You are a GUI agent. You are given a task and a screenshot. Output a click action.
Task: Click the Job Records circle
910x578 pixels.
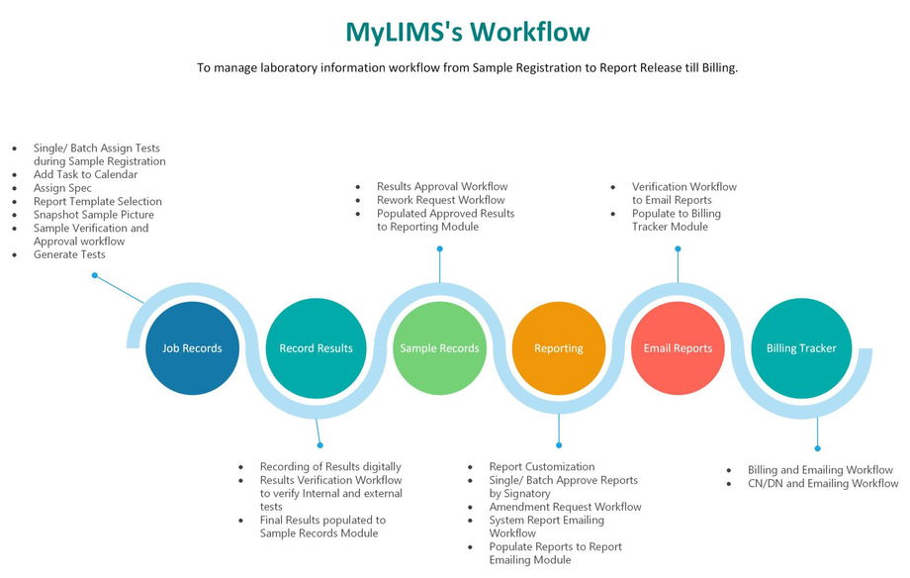coord(192,348)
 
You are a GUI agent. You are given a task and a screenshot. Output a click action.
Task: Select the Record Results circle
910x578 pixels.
coord(316,348)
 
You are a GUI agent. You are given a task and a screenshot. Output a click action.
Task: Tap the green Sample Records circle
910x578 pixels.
coord(439,348)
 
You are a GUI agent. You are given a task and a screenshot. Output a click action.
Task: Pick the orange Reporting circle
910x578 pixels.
coord(559,348)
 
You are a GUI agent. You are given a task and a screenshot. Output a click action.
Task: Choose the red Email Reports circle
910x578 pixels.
coord(678,348)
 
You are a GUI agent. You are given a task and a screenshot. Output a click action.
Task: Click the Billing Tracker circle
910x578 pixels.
coord(801,348)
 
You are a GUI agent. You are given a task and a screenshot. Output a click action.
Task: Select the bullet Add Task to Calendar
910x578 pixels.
coord(85,174)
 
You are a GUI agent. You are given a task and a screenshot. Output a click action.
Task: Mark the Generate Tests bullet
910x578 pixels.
coord(69,254)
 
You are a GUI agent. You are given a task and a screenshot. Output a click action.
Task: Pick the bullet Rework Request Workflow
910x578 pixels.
coord(440,200)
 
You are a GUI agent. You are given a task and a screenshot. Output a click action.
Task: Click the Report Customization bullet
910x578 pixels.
coord(541,466)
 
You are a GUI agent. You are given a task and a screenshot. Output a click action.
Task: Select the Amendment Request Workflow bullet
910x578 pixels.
coord(565,507)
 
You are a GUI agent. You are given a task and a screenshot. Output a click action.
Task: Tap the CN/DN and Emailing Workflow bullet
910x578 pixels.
coord(823,484)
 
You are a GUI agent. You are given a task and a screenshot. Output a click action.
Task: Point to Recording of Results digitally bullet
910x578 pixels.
coord(330,466)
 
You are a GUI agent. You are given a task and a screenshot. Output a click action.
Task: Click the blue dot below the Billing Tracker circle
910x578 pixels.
coord(817,448)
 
